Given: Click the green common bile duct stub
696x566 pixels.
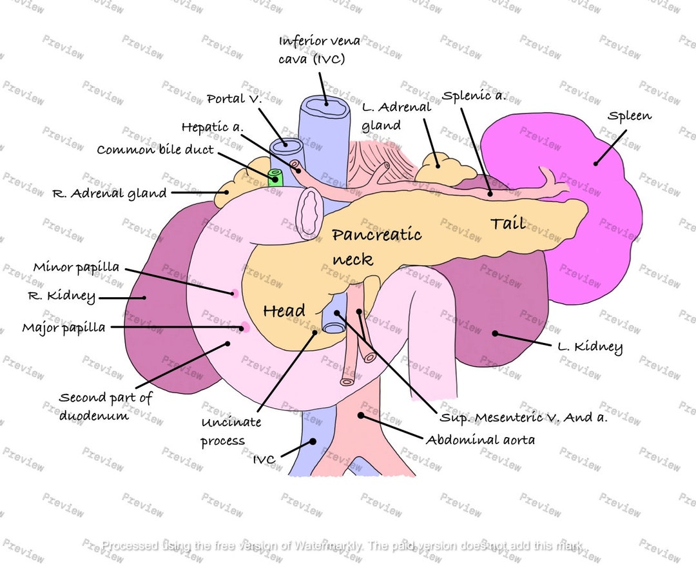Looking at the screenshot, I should [x=275, y=176].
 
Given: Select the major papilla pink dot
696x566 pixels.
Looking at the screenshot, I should [x=245, y=327].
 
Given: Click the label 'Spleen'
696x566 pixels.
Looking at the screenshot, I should [x=630, y=116].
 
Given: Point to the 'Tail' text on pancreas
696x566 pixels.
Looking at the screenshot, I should [x=507, y=224].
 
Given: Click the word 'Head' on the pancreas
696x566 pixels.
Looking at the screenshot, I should [x=284, y=311].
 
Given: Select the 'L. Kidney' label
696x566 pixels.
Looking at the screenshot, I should [x=590, y=347].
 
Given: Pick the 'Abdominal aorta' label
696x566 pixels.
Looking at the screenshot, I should [x=479, y=440].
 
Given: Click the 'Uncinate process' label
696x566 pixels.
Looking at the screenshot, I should [x=231, y=431].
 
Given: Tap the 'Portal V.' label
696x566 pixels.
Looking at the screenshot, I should [x=235, y=99].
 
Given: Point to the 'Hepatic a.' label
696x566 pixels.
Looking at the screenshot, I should [x=212, y=127].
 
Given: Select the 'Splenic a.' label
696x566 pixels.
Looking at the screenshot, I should [x=474, y=96].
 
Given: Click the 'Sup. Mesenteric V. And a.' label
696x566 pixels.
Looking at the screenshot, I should [x=523, y=418].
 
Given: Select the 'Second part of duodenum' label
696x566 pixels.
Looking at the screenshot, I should [x=105, y=406].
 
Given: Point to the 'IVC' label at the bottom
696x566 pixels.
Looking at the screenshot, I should [x=264, y=459].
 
